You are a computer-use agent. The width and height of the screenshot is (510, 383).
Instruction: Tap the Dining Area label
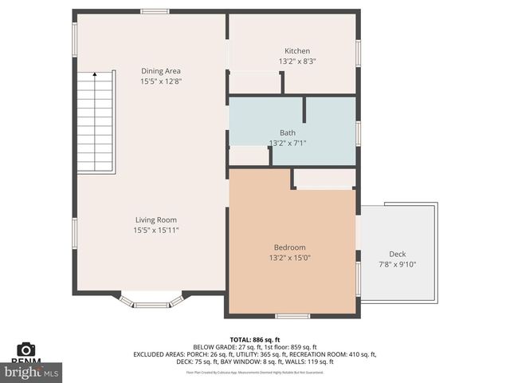(160, 71)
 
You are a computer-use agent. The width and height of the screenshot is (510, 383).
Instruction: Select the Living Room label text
(155, 219)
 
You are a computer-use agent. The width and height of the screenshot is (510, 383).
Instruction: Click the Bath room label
(287, 132)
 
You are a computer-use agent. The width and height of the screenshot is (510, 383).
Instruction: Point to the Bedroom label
(289, 247)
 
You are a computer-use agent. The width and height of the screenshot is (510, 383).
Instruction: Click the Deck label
(397, 255)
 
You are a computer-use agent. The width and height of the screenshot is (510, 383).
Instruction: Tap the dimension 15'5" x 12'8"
(160, 81)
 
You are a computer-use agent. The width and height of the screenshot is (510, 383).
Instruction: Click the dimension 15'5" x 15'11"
(155, 230)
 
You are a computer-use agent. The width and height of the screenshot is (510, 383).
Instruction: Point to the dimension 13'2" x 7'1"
(288, 143)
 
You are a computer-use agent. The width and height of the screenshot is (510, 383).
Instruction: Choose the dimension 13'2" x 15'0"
(289, 258)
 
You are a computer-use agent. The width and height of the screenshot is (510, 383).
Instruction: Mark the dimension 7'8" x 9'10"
(397, 264)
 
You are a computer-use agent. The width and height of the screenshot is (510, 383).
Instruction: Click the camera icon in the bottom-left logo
(26, 349)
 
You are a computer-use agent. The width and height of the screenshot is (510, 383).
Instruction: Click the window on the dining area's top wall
(155, 11)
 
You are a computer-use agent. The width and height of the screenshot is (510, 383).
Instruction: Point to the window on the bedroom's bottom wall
(292, 317)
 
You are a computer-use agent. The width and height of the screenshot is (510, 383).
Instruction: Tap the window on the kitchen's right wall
(358, 53)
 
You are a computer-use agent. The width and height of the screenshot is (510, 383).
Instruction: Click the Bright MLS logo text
(32, 372)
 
